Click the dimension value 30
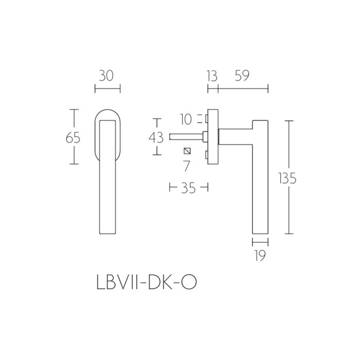tap(107, 76)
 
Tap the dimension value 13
tap(212, 76)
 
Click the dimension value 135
tap(287, 178)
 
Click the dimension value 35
tap(189, 188)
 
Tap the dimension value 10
tap(186, 120)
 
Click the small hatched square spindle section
tap(187, 151)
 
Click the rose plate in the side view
tap(212, 136)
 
